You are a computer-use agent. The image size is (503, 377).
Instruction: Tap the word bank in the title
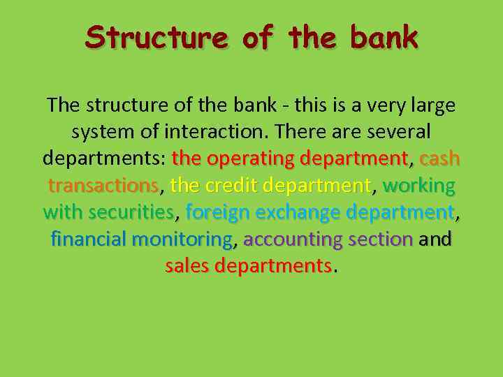[x=384, y=37]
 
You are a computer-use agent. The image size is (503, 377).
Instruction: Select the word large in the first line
[x=430, y=105]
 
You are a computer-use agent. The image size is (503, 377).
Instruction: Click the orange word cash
[x=439, y=158]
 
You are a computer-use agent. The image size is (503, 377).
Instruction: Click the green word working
[x=419, y=186]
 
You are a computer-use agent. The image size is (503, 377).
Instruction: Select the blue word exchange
[x=296, y=212]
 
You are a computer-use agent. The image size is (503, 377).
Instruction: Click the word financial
[x=89, y=239]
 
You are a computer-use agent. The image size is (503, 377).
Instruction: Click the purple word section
[x=381, y=239]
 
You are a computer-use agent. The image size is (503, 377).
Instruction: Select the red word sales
[x=187, y=266]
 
